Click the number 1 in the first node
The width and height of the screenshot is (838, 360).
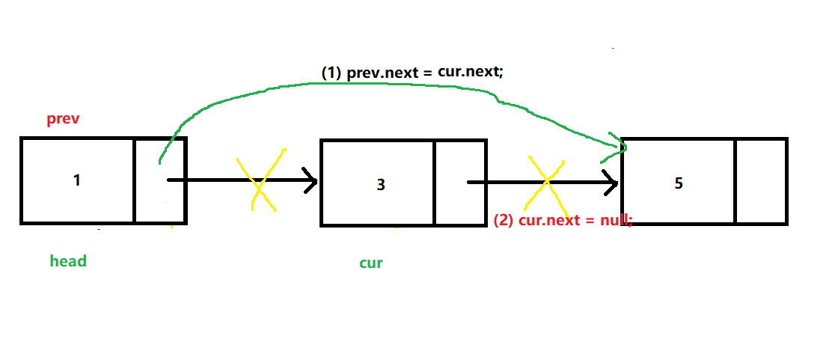[x=77, y=180]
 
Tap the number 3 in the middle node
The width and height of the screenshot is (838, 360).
[x=381, y=184]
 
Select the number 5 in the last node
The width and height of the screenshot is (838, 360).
[x=679, y=183]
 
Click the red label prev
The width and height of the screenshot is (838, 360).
[x=64, y=120]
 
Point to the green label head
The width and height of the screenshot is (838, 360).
[x=68, y=261]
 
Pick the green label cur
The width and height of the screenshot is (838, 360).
[x=371, y=263]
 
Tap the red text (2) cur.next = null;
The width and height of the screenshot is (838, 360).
[x=563, y=221]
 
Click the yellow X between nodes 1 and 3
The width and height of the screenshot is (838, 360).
[x=260, y=182]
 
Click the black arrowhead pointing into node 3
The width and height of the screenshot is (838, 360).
[x=311, y=180]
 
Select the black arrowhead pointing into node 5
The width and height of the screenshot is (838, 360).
[x=612, y=182]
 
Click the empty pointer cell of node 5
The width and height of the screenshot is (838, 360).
[x=760, y=181]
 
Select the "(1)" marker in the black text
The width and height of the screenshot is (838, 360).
[x=331, y=73]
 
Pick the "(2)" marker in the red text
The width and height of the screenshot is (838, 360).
[x=504, y=221]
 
